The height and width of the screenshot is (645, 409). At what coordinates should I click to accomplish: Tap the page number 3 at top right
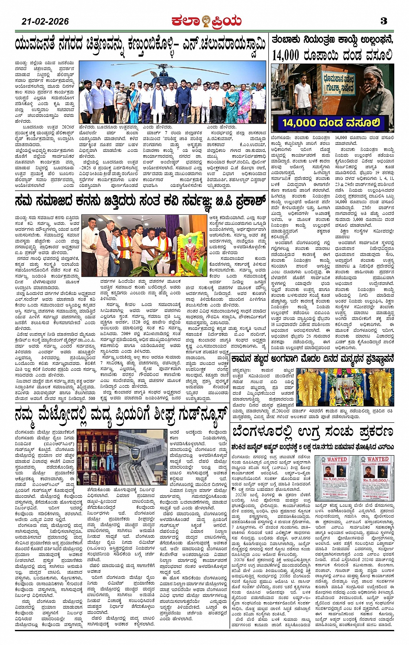tap(383, 20)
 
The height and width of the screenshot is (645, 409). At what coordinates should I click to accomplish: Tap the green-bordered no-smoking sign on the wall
tap(338, 84)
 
